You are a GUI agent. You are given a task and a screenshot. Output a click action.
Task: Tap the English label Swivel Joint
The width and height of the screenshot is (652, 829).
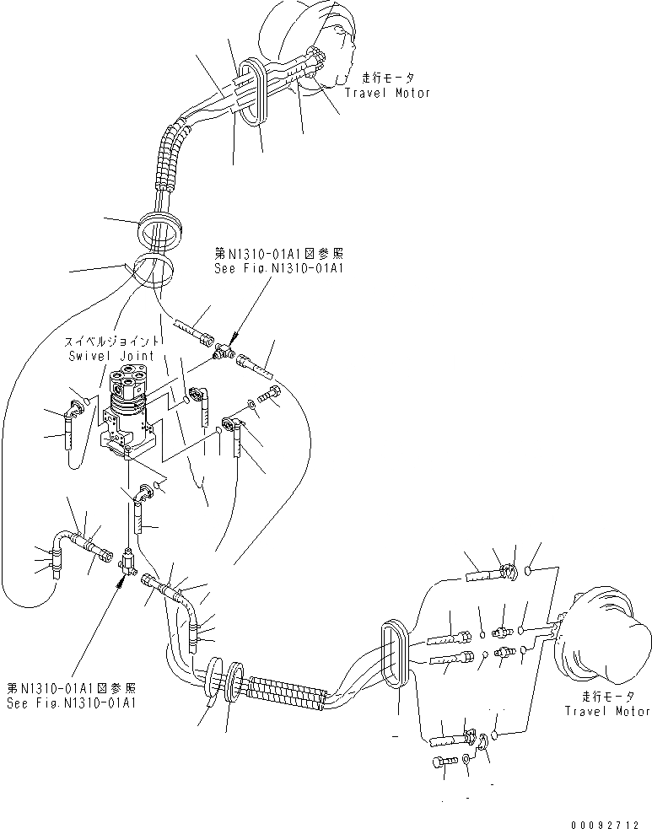(x=110, y=356)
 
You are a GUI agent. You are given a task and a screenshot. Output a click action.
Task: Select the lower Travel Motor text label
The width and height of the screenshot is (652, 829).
(x=607, y=711)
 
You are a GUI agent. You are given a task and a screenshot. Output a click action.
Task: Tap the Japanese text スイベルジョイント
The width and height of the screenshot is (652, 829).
(x=110, y=343)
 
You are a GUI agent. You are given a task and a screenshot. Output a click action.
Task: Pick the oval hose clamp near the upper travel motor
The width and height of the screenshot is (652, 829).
(x=254, y=92)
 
